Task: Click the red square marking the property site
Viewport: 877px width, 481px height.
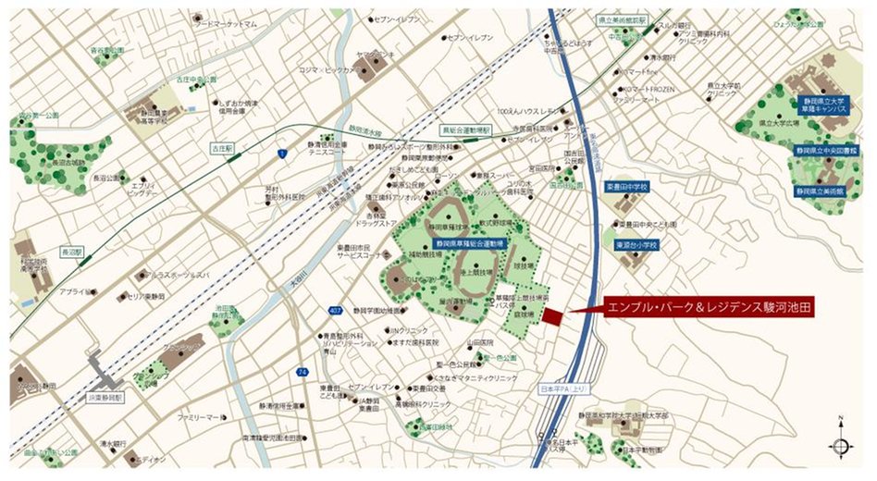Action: tap(552, 317)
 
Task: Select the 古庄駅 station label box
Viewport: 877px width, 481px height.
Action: tap(222, 148)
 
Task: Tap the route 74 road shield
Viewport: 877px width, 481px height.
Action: tap(302, 371)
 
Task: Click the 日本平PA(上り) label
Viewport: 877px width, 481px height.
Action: tap(563, 390)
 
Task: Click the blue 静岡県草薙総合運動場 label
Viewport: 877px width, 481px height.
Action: tap(463, 244)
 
